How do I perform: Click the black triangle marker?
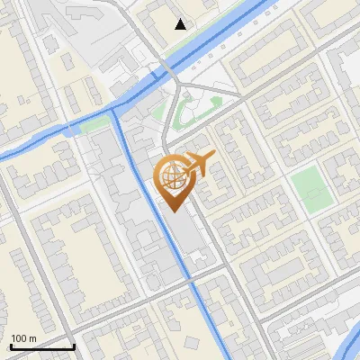tap(181, 24)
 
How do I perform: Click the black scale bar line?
tap(42, 346)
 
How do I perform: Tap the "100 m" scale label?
tap(23, 338)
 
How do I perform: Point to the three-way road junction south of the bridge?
tap(178, 86)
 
